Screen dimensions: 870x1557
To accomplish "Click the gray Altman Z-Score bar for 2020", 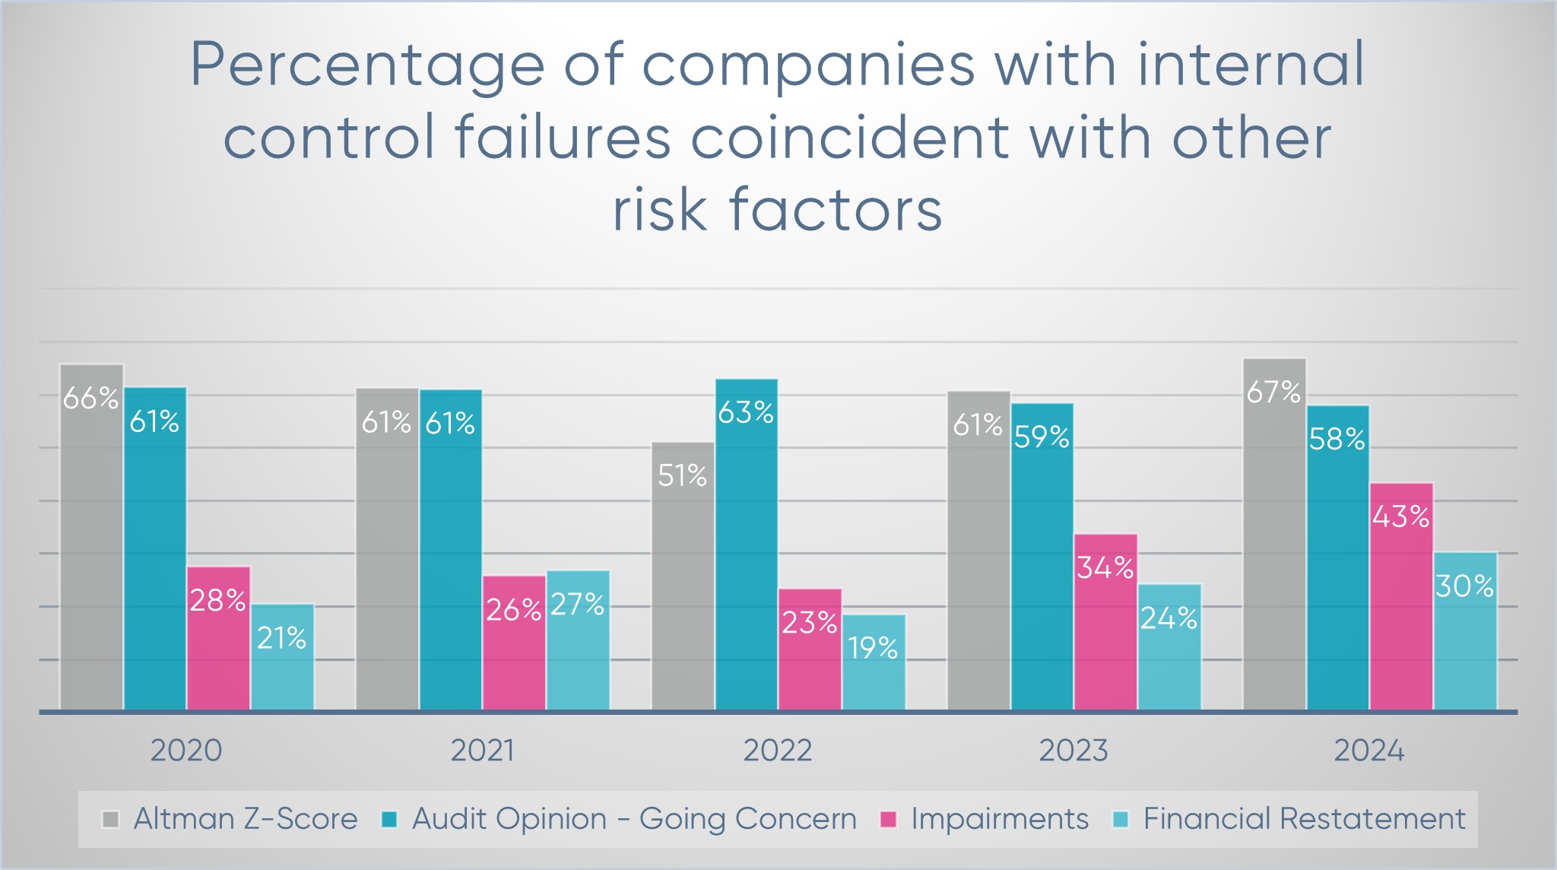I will [91, 548].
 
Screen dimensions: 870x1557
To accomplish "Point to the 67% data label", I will [1273, 392].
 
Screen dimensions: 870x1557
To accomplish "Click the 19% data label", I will [873, 649].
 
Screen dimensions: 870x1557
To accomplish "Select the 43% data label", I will [1400, 517].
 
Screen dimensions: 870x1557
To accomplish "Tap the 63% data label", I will [746, 413].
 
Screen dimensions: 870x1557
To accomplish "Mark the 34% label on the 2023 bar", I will [1105, 568].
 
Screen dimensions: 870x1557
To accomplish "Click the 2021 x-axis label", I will [482, 751].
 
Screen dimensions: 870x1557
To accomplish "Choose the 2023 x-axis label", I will [1073, 751].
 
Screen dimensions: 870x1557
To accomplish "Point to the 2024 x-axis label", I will [1368, 751].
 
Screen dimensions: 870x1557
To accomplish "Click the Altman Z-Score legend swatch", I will [111, 820].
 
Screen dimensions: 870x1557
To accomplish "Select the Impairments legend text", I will [999, 819].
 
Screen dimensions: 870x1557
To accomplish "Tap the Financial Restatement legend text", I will [1304, 819].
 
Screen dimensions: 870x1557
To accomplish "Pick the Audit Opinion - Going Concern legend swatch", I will [389, 820].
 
